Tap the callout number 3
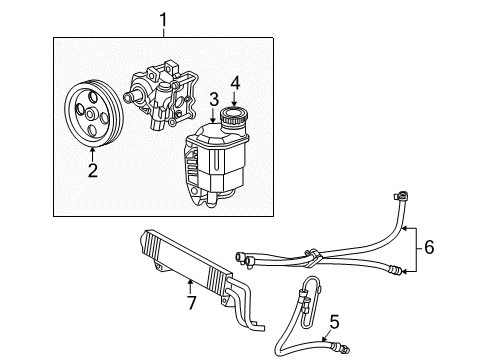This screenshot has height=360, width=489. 213,99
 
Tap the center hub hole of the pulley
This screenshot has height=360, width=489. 90,117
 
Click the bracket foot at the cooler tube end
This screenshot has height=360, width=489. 260,325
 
